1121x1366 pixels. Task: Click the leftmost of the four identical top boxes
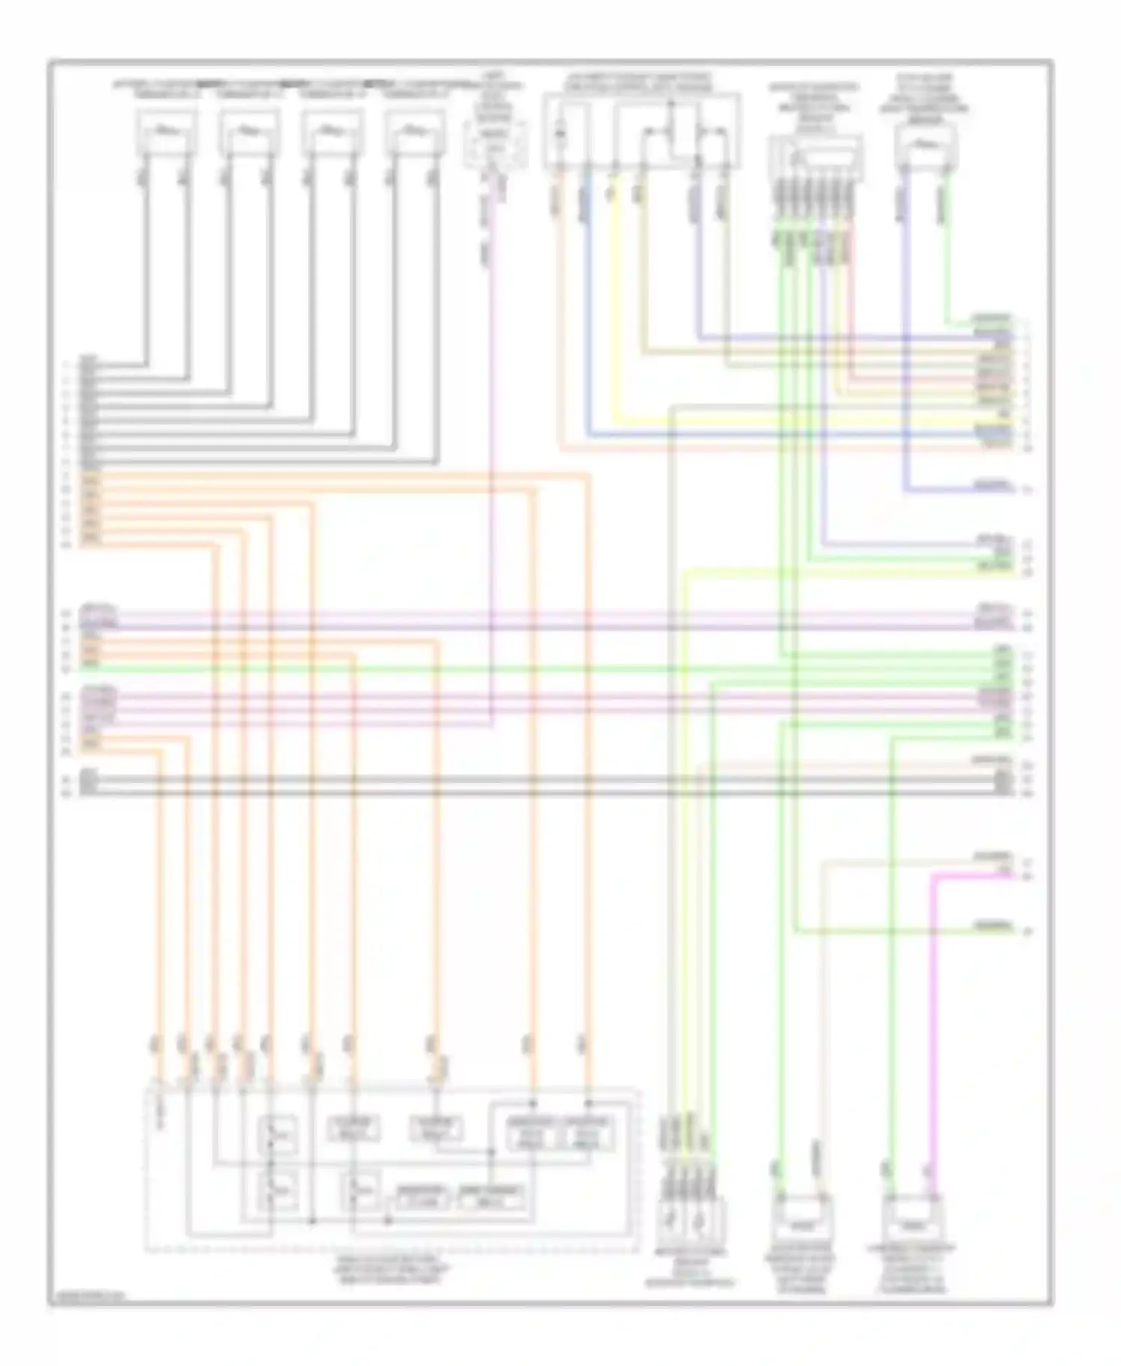[x=166, y=132]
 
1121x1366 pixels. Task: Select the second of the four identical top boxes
[x=249, y=132]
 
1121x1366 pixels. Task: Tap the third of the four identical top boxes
[x=333, y=132]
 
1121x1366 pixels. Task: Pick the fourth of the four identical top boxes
[x=416, y=132]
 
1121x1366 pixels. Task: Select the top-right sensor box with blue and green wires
[x=925, y=144]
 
